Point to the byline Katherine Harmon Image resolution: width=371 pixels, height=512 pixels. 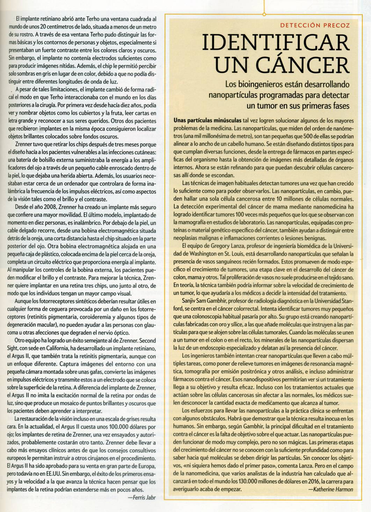click(331, 489)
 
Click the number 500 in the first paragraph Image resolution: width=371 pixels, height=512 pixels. click(301, 136)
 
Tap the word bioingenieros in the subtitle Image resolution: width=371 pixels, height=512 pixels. click(256, 84)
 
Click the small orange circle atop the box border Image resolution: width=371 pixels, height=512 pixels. click(264, 14)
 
